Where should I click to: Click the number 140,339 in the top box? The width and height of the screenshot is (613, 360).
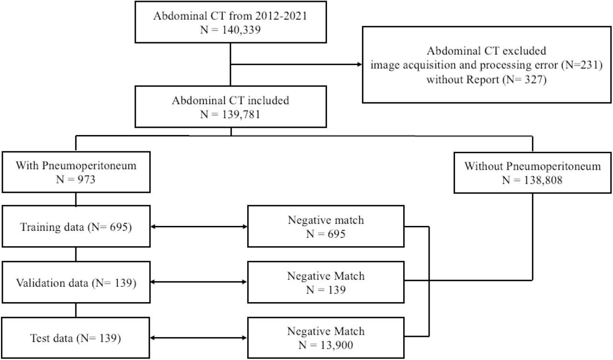click(x=241, y=30)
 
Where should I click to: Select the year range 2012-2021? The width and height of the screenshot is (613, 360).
click(x=281, y=16)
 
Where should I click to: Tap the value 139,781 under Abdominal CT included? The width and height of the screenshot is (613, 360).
click(x=241, y=114)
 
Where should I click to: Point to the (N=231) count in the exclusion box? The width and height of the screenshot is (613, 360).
click(x=582, y=65)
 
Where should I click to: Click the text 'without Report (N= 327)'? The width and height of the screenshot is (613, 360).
click(x=486, y=79)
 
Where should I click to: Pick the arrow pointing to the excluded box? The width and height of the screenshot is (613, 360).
click(x=296, y=65)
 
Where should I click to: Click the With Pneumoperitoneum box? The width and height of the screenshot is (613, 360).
click(x=76, y=172)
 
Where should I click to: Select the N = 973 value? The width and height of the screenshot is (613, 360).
click(x=76, y=180)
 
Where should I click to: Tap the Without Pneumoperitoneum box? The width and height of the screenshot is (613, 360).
click(x=533, y=173)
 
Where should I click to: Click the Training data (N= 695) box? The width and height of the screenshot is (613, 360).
click(x=76, y=226)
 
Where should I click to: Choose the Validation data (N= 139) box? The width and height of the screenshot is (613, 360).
click(x=76, y=282)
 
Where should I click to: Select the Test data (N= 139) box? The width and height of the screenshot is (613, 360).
click(x=76, y=338)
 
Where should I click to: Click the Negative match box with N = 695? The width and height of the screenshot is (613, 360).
click(x=326, y=226)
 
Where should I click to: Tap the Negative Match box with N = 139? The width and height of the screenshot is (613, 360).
click(x=326, y=282)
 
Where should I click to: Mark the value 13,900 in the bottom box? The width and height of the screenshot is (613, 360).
click(x=337, y=345)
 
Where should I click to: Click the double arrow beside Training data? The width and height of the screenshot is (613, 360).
click(x=199, y=226)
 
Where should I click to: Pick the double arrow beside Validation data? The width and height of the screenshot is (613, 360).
click(x=199, y=282)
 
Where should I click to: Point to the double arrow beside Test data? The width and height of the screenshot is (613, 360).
click(x=198, y=338)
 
